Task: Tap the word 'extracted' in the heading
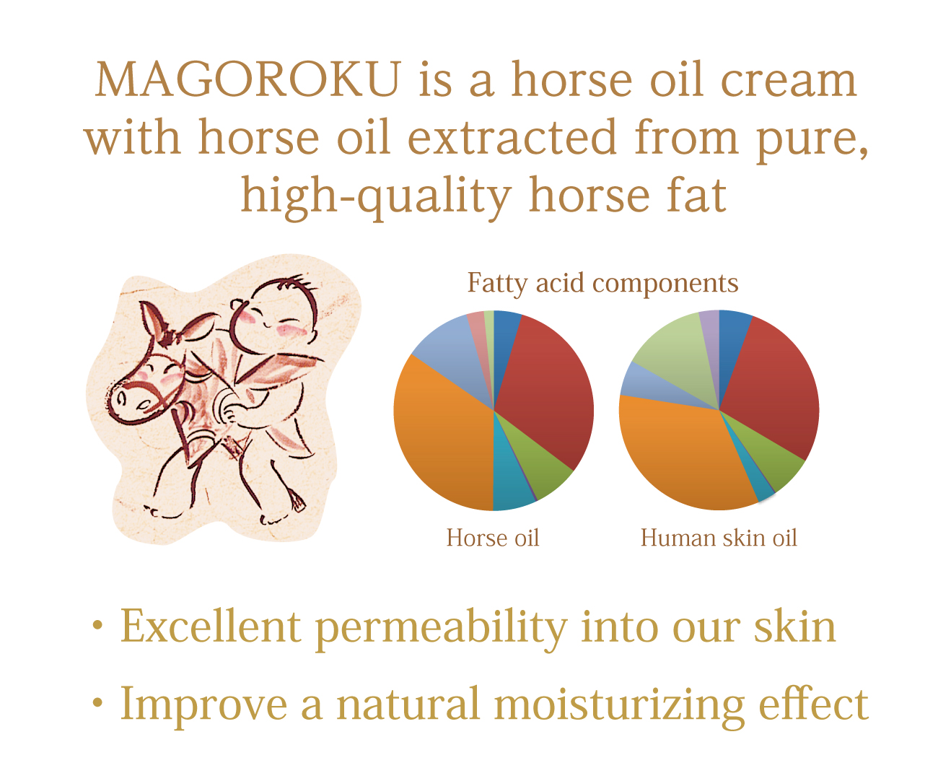512,137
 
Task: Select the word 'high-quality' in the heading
377,196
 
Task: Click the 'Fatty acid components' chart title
603,284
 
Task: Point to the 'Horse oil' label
493,538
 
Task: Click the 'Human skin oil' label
719,538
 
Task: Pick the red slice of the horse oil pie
548,391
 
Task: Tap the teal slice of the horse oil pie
512,481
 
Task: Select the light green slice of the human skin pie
674,355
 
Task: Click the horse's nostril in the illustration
121,399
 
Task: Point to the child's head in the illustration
274,317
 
